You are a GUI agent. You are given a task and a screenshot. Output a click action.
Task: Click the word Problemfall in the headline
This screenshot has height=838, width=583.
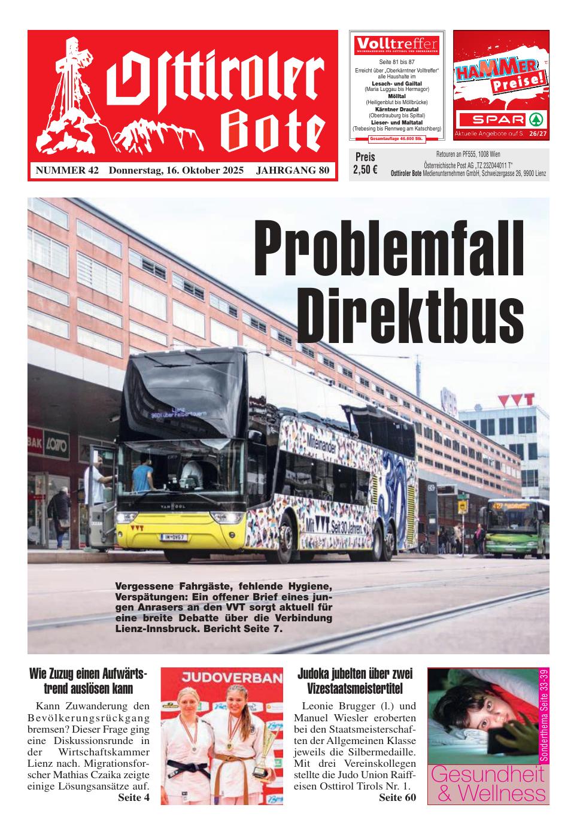pos(389,248)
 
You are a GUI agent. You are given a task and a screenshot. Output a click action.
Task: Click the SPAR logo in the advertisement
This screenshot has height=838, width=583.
pos(500,118)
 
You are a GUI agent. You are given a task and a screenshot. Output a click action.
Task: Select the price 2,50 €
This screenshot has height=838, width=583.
pos(365,169)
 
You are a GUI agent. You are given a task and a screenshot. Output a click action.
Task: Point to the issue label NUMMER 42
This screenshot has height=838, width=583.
pos(67,171)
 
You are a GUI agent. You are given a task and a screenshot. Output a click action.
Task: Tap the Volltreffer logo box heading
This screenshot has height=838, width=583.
pos(397,44)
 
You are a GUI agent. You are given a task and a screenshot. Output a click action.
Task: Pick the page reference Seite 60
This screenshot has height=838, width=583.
pos(397,797)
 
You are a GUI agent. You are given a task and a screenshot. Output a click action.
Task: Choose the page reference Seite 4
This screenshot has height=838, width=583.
pos(133,797)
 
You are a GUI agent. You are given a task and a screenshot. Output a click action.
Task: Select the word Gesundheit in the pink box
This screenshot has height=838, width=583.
pos(488,774)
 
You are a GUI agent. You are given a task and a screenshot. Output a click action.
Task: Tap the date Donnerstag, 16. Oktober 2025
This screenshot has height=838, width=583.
pos(176,171)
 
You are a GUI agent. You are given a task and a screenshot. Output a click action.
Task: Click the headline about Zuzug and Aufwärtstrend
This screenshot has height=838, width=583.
pos(88,681)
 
